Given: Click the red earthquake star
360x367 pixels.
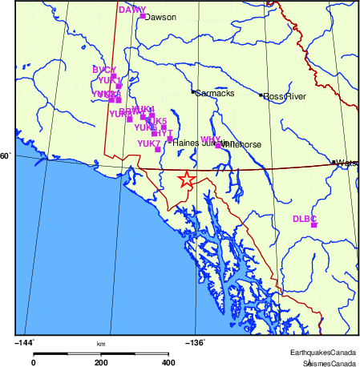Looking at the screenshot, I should click(x=185, y=179).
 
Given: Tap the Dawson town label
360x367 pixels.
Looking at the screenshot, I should click(x=160, y=16).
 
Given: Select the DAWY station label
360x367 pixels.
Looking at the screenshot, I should click(x=131, y=10).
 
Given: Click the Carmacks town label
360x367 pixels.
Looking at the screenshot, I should click(x=214, y=93).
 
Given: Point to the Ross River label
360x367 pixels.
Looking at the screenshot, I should click(x=285, y=97).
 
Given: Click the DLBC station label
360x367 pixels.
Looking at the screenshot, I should click(x=305, y=218).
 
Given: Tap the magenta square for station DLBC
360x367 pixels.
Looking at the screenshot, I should click(x=313, y=224).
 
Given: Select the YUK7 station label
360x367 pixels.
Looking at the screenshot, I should click(x=148, y=143).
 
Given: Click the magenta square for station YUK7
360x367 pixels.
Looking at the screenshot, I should click(x=157, y=149).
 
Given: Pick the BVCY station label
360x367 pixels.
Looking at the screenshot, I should click(x=104, y=70).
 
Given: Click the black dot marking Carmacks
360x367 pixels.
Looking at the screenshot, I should click(x=192, y=92).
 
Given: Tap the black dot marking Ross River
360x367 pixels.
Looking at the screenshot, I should click(x=261, y=95).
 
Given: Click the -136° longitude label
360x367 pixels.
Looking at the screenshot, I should click(x=196, y=342).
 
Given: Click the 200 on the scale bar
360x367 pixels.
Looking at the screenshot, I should click(x=101, y=362).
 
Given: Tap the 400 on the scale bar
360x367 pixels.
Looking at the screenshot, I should click(x=169, y=362).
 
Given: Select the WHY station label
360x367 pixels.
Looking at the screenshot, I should click(x=210, y=139).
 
